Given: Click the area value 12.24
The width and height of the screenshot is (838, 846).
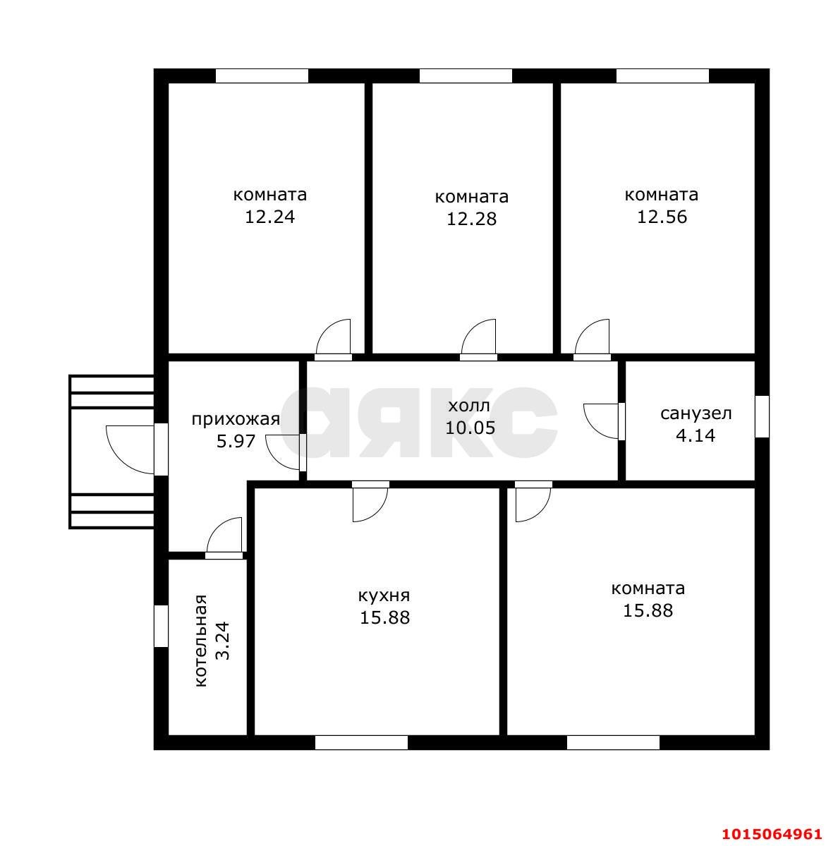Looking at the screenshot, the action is point(269,217).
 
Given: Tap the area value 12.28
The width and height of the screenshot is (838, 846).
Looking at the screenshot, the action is point(471,219).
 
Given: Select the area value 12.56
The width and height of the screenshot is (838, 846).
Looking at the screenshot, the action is point(662,217).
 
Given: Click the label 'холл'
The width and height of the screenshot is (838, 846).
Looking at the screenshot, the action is point(469,405).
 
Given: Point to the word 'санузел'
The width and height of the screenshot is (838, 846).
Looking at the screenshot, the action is point(696,414).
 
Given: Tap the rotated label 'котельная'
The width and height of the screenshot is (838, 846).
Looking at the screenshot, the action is point(200,641).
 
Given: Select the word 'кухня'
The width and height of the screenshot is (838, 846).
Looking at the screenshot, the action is point(384,596).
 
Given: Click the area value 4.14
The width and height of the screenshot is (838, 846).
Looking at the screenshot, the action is point(696,435).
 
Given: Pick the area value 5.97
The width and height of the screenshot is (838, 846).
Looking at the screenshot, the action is point(236,441).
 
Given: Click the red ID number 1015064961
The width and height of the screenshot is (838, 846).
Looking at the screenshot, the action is point(772,834).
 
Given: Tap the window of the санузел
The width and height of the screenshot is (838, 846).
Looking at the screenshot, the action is point(762,416).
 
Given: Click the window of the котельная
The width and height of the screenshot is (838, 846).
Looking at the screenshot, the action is point(162,626).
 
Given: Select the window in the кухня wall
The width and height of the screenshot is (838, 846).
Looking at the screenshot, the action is point(361,742).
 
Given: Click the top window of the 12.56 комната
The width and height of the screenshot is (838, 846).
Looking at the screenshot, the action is point(662,76).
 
